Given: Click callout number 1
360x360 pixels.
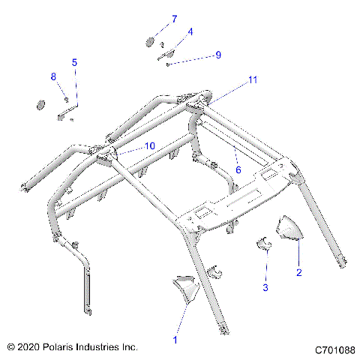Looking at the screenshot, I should (175, 340).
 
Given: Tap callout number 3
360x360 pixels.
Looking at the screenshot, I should (265, 286).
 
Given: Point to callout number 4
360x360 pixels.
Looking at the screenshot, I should (190, 31).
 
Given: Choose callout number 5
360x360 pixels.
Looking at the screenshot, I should (74, 61).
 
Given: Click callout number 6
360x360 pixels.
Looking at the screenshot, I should (238, 170).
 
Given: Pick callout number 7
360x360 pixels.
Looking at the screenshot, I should (174, 18).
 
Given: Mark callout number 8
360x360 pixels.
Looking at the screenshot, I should (53, 76).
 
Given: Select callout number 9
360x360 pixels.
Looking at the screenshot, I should (218, 55).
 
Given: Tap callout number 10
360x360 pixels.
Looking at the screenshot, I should (149, 145).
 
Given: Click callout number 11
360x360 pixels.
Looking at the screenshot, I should (253, 79).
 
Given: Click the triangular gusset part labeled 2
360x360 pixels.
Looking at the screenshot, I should (289, 229).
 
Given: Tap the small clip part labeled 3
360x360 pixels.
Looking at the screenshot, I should (265, 243).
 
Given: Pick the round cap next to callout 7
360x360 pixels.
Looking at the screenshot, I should (150, 42).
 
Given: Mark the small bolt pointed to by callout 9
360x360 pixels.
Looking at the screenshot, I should (169, 64).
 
